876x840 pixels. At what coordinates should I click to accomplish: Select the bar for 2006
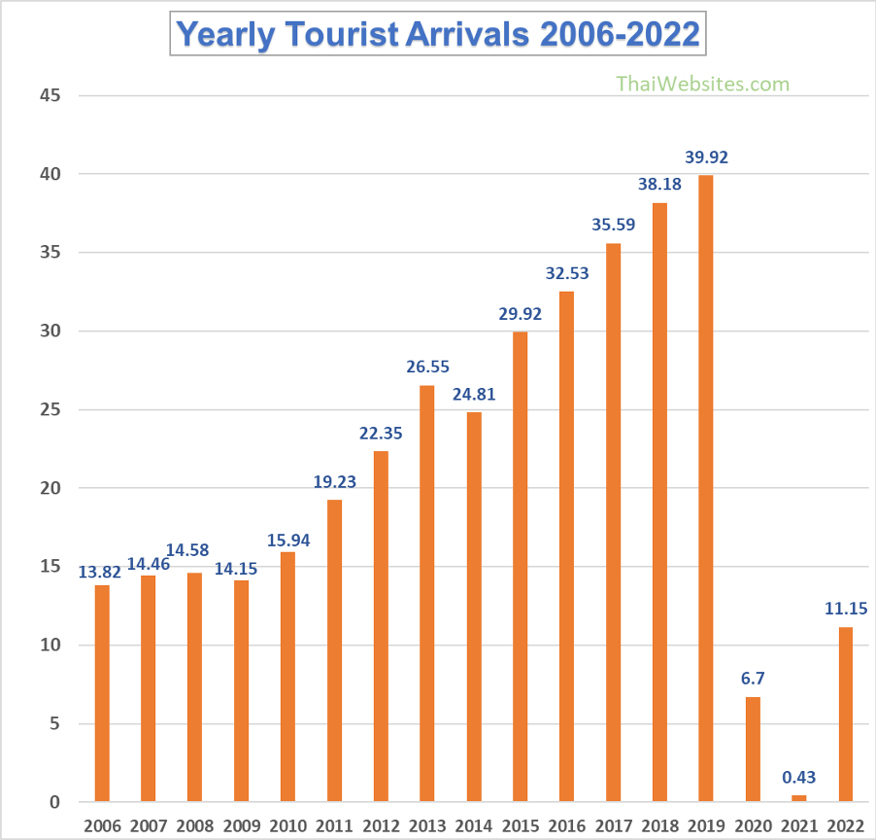click(102, 693)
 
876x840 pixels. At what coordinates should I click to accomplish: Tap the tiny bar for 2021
click(799, 798)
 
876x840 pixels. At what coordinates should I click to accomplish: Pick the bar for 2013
click(427, 593)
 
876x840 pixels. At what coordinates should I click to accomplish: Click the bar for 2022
click(846, 715)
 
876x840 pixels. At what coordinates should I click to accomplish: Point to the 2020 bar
click(753, 749)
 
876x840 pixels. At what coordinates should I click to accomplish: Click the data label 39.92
click(706, 157)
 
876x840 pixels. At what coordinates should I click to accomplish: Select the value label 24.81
click(474, 395)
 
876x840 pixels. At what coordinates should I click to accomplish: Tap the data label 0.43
click(799, 778)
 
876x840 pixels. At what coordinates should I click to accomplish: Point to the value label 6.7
click(753, 679)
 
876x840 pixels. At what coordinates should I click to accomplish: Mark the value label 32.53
click(567, 273)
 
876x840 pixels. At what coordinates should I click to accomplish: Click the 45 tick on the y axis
click(51, 95)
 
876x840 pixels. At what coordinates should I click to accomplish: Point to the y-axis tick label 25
click(51, 409)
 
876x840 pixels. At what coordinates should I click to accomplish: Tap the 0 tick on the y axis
click(55, 802)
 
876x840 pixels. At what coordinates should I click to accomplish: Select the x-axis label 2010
click(288, 825)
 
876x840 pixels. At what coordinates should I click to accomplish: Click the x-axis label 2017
click(614, 825)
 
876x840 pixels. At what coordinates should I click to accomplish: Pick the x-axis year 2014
click(474, 825)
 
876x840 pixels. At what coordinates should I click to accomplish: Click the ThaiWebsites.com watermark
click(703, 84)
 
